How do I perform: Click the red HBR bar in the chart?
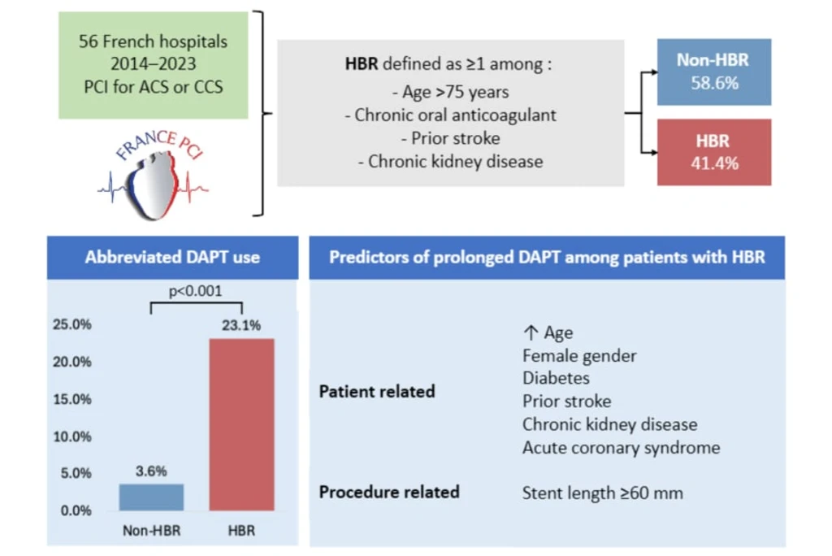click(241, 424)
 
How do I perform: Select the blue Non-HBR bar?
click(151, 497)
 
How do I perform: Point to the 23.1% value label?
click(241, 325)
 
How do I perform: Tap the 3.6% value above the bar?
click(151, 471)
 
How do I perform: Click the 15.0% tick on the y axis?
click(72, 399)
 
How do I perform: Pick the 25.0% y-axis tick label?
click(72, 324)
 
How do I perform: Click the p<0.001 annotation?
click(195, 291)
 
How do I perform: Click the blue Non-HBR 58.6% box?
click(714, 72)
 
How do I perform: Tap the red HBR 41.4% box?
click(714, 152)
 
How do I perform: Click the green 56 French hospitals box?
click(154, 65)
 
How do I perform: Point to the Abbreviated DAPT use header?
click(172, 258)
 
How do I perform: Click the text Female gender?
click(579, 356)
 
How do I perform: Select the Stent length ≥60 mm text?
click(603, 493)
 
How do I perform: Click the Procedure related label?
click(389, 493)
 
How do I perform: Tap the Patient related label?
click(377, 391)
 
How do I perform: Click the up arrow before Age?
click(531, 332)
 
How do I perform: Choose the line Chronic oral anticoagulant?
click(451, 115)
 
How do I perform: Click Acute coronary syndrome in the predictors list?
click(622, 448)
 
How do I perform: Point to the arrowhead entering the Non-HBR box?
click(654, 72)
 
